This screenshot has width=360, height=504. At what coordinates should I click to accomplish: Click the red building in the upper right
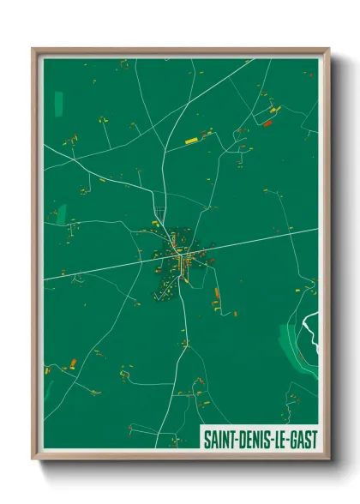pos(267,123)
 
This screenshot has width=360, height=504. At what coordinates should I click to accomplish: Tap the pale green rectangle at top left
pos(59,104)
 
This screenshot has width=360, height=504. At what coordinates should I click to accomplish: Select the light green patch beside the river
pos(291,343)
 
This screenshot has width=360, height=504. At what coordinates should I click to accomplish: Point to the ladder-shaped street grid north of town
pos(159,213)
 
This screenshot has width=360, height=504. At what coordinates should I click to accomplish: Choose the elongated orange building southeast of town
pos(217,296)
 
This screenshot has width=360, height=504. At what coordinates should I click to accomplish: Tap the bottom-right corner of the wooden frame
pos(328,460)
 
